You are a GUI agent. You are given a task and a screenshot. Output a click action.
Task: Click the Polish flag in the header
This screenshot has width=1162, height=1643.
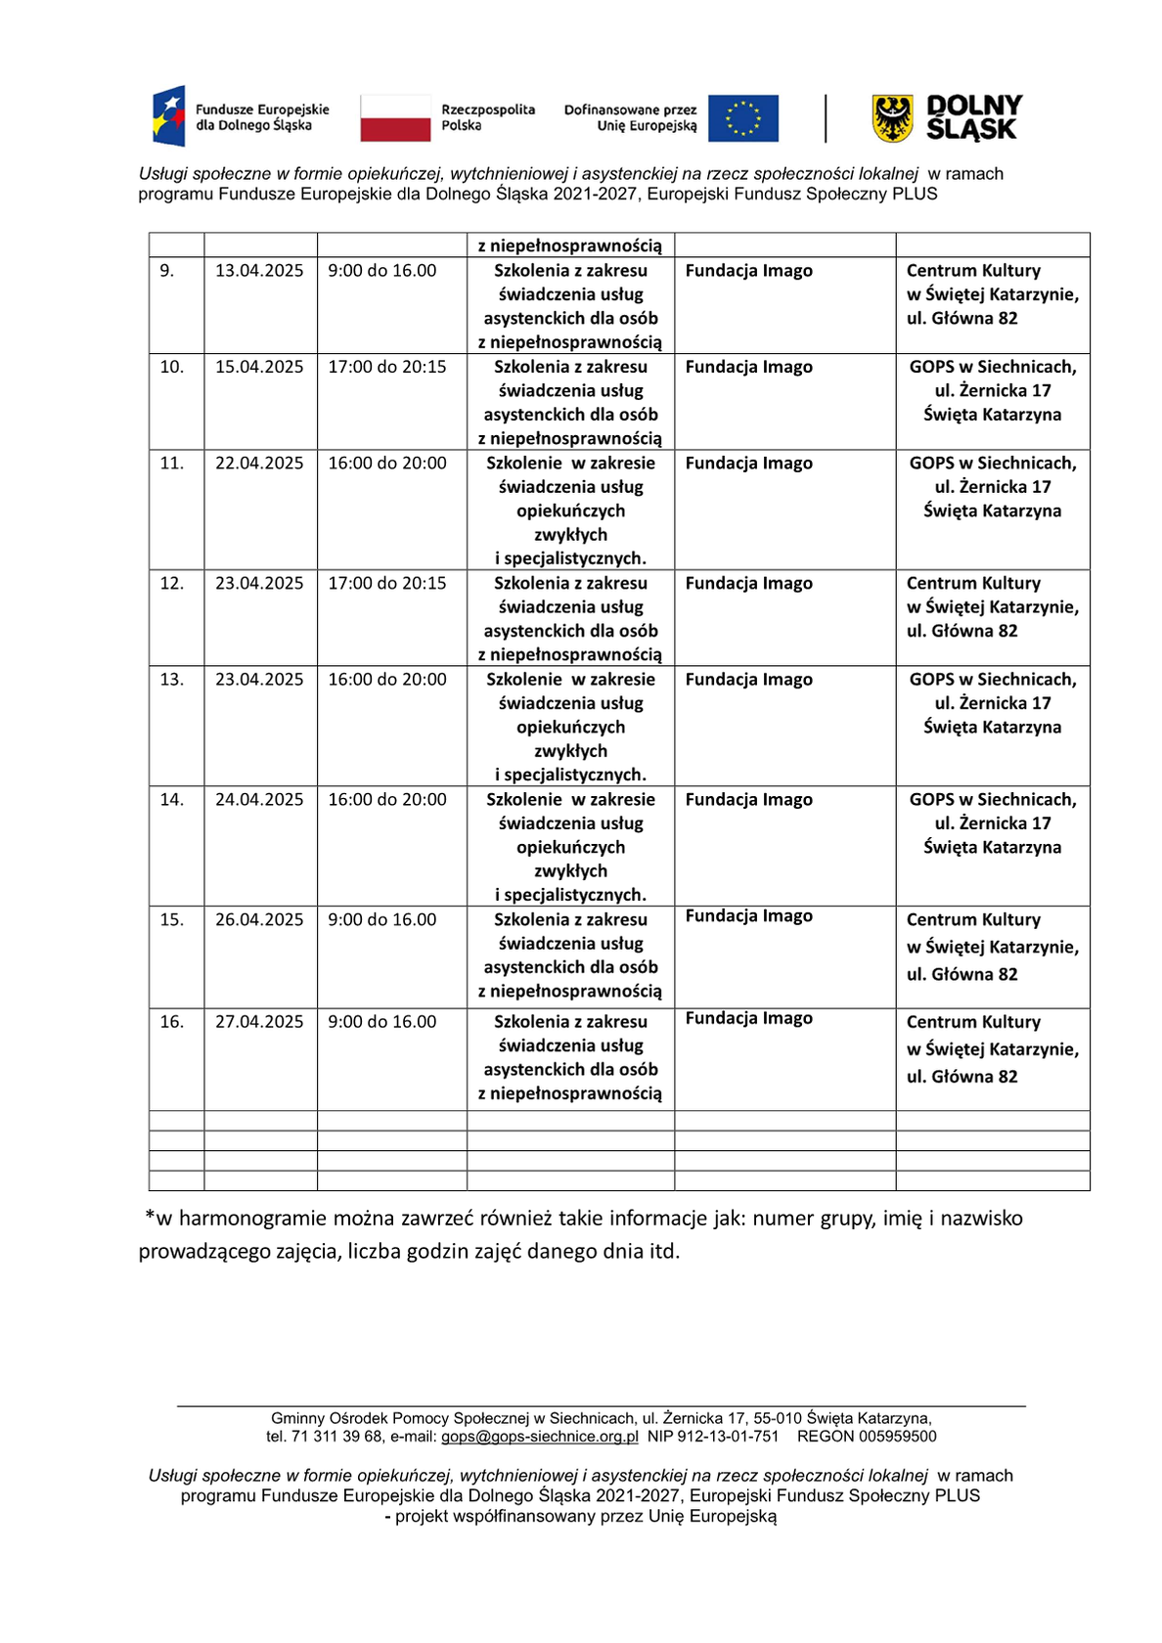tap(395, 118)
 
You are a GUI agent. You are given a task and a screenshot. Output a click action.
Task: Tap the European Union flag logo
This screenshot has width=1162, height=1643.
tap(743, 118)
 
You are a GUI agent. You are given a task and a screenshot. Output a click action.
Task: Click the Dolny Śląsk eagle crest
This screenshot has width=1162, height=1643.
tap(892, 118)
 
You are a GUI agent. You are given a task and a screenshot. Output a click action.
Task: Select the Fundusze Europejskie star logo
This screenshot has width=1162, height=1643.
tap(169, 115)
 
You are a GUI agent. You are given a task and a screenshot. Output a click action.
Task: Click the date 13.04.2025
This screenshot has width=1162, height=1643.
tap(259, 271)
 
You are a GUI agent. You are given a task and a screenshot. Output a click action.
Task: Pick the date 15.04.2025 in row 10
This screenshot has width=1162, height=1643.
tap(259, 367)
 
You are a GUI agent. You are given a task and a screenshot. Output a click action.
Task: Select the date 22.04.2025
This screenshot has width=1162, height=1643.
tap(259, 464)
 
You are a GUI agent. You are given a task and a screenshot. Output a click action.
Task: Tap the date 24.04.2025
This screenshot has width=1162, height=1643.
tap(259, 800)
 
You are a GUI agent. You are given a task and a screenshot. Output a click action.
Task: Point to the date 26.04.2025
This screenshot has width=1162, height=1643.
tap(259, 920)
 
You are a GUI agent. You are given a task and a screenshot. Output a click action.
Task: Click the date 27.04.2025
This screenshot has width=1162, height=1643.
tap(259, 1022)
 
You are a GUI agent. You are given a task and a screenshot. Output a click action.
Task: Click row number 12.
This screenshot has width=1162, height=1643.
tap(172, 584)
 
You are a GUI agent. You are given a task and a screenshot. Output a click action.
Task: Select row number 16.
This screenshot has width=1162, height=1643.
tap(172, 1022)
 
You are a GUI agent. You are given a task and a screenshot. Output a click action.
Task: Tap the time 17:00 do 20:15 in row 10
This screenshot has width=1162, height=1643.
tap(387, 367)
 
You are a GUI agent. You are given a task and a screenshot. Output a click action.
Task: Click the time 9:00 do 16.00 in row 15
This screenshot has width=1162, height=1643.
tap(382, 920)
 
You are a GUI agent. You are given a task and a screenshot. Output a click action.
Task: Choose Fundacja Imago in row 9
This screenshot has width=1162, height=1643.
tap(749, 271)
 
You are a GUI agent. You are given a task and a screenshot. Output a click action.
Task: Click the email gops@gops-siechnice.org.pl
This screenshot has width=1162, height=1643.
tap(540, 1437)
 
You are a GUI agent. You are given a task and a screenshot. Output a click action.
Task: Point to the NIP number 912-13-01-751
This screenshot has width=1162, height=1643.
tap(728, 1437)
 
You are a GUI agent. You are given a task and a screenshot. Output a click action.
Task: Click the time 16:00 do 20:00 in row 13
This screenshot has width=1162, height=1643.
tap(387, 680)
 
